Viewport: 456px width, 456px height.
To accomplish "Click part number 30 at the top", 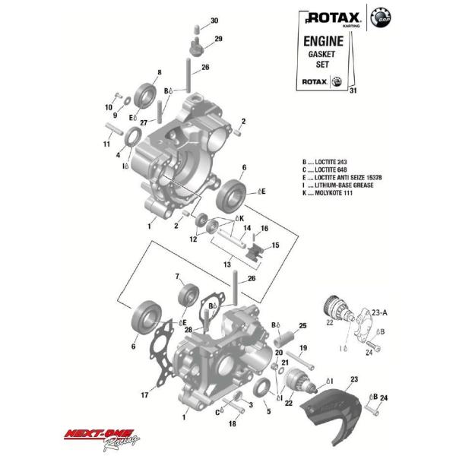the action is [214, 21].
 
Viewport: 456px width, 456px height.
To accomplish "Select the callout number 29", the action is [218, 39].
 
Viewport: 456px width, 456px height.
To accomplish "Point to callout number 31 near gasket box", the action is [352, 91].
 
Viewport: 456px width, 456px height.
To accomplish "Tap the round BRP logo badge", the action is [379, 17].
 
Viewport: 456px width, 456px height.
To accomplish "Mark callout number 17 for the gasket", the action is [144, 395].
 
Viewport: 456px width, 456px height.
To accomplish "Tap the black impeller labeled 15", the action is [257, 249].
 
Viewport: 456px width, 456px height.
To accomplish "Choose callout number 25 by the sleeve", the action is [302, 325].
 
